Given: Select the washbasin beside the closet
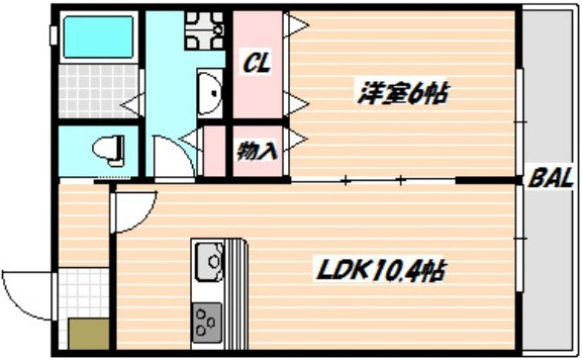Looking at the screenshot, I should (x=208, y=95).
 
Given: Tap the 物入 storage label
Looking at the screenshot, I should (x=257, y=150).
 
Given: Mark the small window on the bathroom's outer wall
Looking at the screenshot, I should (x=53, y=35).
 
